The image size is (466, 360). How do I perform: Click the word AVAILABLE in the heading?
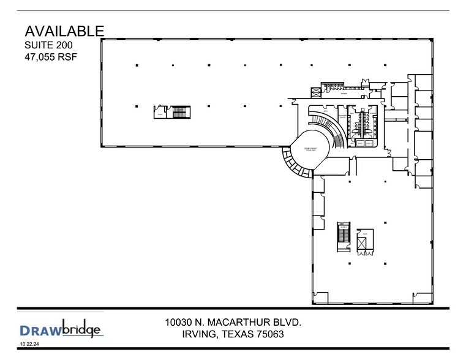(x=64, y=31)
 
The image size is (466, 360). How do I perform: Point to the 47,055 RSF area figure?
(x=51, y=58)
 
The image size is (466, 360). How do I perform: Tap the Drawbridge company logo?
(x=61, y=330)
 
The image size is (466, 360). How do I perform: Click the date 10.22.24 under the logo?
(x=29, y=345)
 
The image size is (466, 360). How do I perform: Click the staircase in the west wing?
(x=179, y=112)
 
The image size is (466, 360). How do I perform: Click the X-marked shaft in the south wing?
(x=364, y=245)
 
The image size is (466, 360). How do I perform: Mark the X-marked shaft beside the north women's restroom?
(x=316, y=92)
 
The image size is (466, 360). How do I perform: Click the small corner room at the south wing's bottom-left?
(x=320, y=298)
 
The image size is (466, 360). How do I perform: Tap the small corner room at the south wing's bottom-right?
(x=424, y=298)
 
